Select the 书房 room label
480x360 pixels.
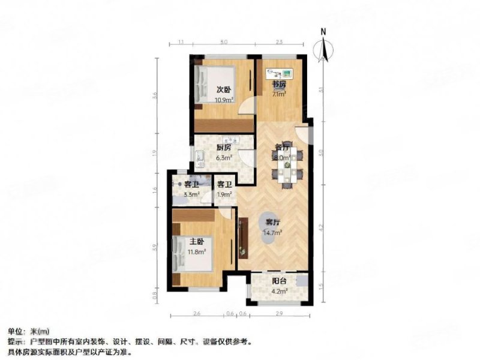point(278,85)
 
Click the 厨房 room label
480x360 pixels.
point(224,150)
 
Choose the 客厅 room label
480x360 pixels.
point(271,221)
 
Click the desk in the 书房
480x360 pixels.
point(279,73)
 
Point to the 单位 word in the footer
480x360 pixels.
point(16,331)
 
